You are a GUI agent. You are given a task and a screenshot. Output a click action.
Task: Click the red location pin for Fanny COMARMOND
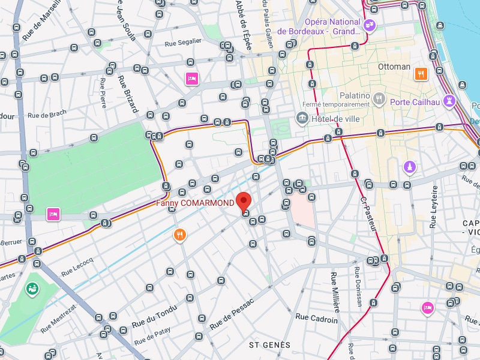click(243, 200)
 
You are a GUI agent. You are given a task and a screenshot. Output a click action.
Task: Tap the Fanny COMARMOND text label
click(195, 203)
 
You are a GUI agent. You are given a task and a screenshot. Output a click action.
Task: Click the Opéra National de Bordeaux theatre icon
click(370, 25)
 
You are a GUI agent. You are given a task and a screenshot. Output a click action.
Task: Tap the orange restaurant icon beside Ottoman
click(421, 74)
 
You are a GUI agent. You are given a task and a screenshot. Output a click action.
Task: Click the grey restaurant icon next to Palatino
click(378, 98)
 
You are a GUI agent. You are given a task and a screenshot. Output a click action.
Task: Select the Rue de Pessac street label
click(231, 312)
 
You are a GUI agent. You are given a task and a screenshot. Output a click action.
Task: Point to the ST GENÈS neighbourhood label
click(269, 345)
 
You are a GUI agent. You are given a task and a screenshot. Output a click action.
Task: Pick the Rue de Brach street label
click(47, 115)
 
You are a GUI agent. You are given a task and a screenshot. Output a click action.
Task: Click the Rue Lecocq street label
click(77, 266)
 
